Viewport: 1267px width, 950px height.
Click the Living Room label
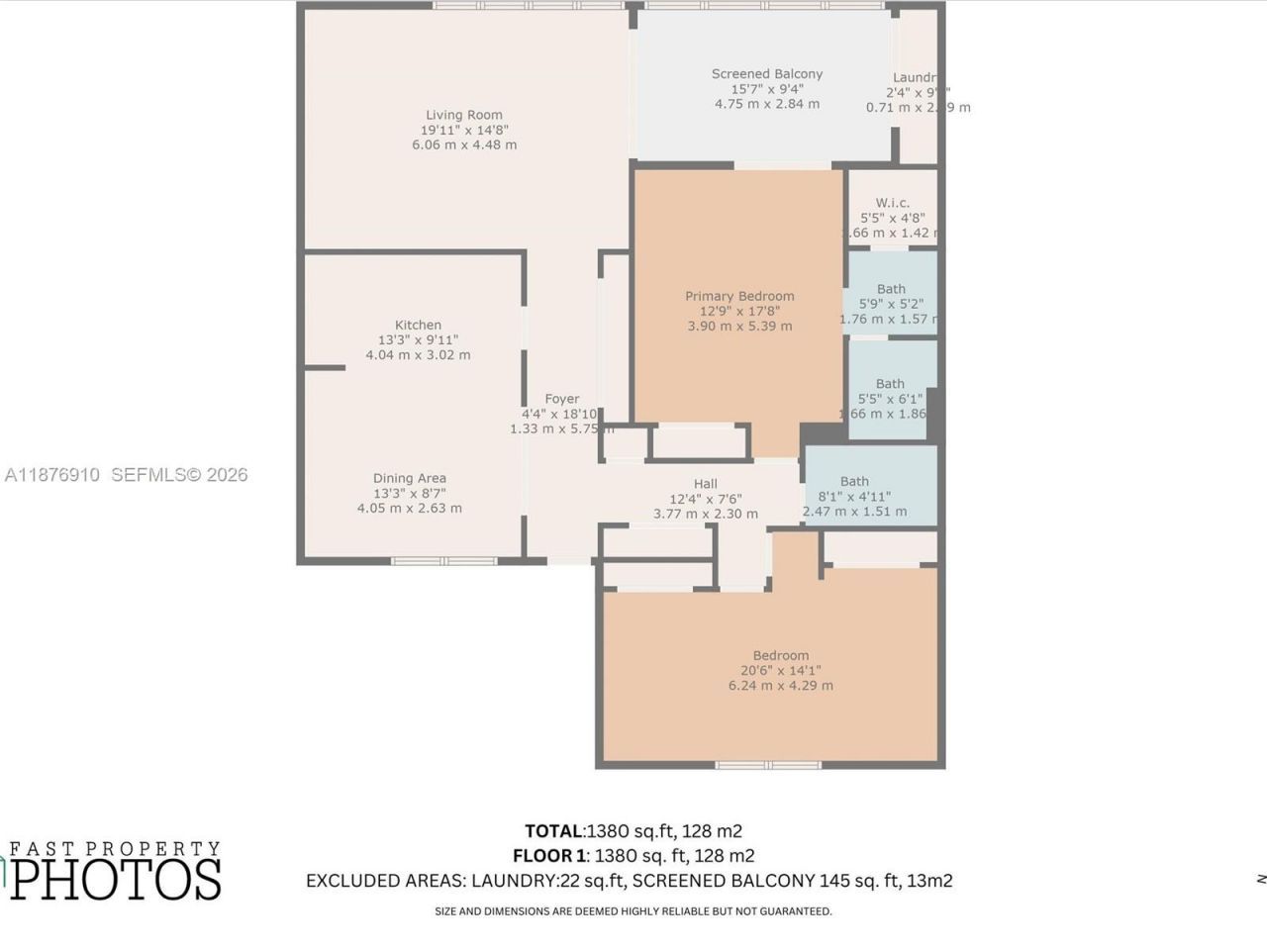click(463, 115)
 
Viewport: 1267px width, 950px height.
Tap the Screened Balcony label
click(767, 74)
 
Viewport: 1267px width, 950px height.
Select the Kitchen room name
click(418, 325)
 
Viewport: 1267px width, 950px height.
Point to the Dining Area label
click(409, 478)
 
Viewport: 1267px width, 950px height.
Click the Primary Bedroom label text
click(739, 296)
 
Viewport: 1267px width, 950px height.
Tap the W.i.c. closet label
click(892, 203)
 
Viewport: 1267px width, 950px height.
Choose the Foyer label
click(561, 399)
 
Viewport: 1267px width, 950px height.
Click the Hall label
click(705, 484)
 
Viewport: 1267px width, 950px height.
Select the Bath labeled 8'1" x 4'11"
click(854, 482)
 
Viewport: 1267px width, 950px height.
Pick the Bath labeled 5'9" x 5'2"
click(891, 289)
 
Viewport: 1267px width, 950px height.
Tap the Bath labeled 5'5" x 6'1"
click(890, 384)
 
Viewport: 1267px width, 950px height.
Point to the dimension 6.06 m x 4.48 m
click(464, 144)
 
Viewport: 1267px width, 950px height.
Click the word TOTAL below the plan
click(554, 831)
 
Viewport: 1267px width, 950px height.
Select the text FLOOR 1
click(548, 856)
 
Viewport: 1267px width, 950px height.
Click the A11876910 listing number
click(52, 475)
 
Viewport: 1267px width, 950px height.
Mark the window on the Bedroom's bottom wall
click(768, 764)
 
